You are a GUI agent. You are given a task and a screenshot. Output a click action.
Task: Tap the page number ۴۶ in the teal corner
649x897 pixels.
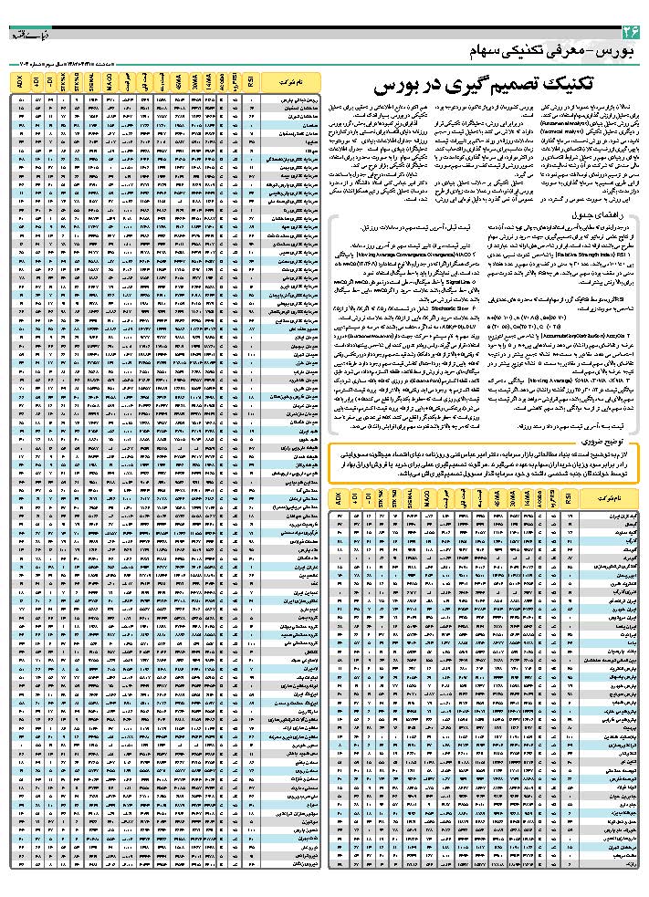pyautogui.click(x=631, y=33)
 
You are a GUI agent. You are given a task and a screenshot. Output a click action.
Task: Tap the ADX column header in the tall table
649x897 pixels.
pyautogui.click(x=21, y=84)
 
